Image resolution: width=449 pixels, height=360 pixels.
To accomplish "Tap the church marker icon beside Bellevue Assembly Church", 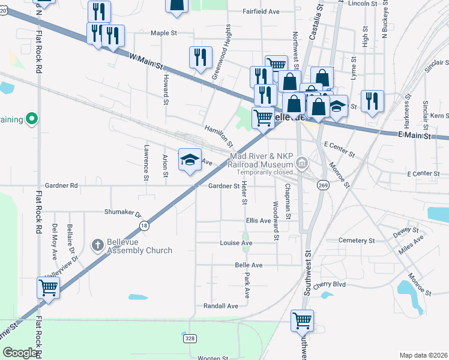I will point(97,245).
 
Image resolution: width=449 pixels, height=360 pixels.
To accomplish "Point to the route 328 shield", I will point(190,338).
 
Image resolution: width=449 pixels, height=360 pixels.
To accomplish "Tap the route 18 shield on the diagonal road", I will point(143,226).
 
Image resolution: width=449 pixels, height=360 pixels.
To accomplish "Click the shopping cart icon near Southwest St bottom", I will point(302,320).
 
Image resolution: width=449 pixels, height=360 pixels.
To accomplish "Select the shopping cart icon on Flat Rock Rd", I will point(48,287).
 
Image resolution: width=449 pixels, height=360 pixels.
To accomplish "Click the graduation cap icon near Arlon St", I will point(190,160).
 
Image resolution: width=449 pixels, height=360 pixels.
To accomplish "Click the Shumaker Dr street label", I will point(122,213).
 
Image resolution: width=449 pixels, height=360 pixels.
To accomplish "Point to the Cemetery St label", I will point(357,240).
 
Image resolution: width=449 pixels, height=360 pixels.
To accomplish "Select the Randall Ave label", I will point(221,305).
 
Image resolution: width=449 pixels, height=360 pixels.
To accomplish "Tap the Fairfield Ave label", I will point(261,11).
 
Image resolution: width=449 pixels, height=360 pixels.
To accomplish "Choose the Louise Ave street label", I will point(236,243).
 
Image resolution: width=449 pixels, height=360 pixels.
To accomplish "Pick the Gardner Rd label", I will point(62,185).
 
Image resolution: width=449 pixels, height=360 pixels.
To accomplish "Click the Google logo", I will point(20,353).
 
